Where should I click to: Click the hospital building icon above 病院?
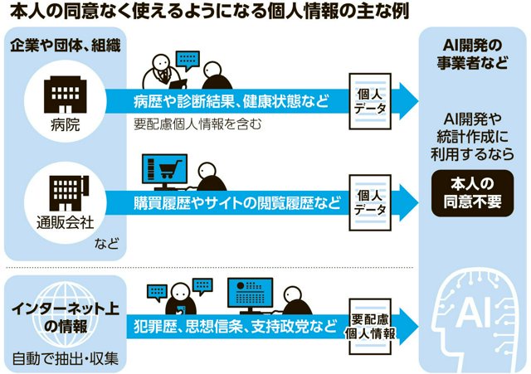[65, 94]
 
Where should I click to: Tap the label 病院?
[65, 125]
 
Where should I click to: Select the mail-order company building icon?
[68, 193]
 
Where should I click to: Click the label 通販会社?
[65, 223]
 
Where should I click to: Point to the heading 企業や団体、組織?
[66, 46]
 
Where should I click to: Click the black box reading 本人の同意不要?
[472, 193]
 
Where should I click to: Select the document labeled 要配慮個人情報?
[370, 327]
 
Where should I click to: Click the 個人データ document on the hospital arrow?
[370, 101]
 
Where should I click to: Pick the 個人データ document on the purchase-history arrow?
[370, 202]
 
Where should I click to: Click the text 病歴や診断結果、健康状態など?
[231, 101]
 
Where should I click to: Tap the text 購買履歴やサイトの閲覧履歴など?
[237, 202]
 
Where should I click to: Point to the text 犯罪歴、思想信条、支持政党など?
[235, 326]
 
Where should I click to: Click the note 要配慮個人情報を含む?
[197, 124]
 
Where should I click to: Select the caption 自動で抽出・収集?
[66, 359]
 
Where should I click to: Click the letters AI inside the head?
[473, 313]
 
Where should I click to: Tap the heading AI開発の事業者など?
[472, 54]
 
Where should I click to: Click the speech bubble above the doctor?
[188, 60]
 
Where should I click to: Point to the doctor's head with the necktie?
[160, 61]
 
